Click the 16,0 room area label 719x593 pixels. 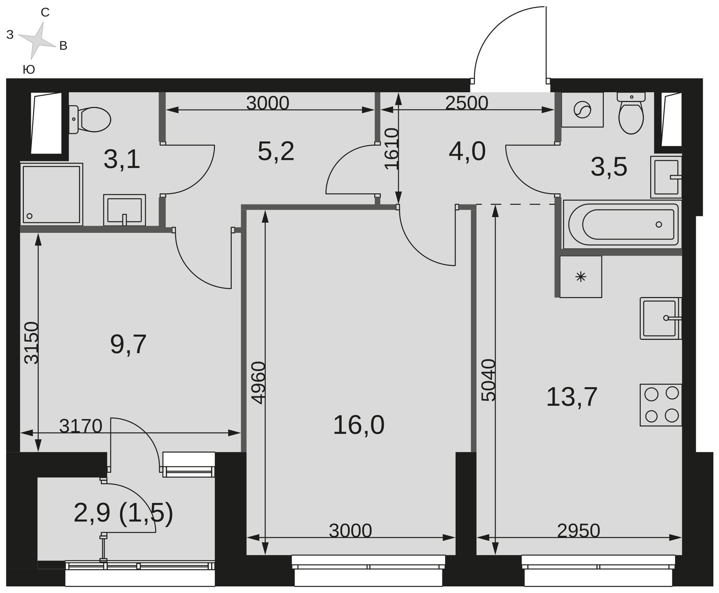point(358,425)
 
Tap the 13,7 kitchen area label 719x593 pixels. point(572,397)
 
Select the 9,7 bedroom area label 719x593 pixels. point(128,344)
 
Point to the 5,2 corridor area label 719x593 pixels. point(276,151)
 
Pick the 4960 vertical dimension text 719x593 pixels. point(259,383)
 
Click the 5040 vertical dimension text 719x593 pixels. point(488,380)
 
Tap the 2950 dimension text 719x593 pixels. point(579,531)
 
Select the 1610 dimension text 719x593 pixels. point(392,149)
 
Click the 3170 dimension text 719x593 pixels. point(81,426)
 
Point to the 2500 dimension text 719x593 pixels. point(467,103)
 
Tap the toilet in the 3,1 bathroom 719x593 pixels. point(90,120)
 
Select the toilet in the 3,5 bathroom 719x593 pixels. point(631,113)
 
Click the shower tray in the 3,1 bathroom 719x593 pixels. point(52,194)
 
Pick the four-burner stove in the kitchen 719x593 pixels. point(661,405)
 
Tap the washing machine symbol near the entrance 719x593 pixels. point(582,110)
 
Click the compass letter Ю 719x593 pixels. point(29,70)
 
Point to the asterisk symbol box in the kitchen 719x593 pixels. point(581,277)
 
